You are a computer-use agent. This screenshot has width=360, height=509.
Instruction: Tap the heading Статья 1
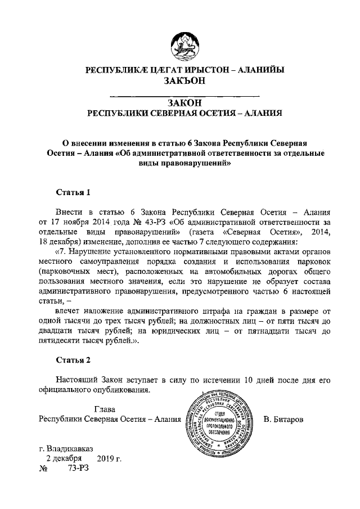[x=73, y=192]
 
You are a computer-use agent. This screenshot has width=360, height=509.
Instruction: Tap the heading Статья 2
[x=73, y=358]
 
